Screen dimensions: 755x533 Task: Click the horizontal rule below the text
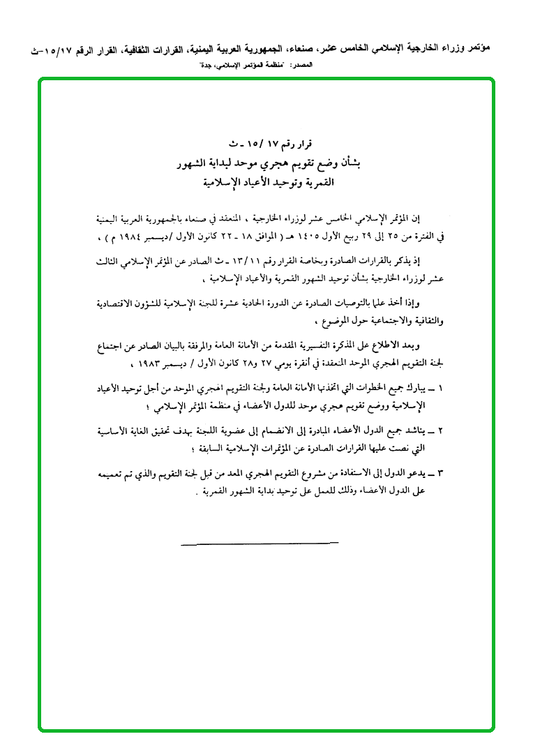click(259, 541)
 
